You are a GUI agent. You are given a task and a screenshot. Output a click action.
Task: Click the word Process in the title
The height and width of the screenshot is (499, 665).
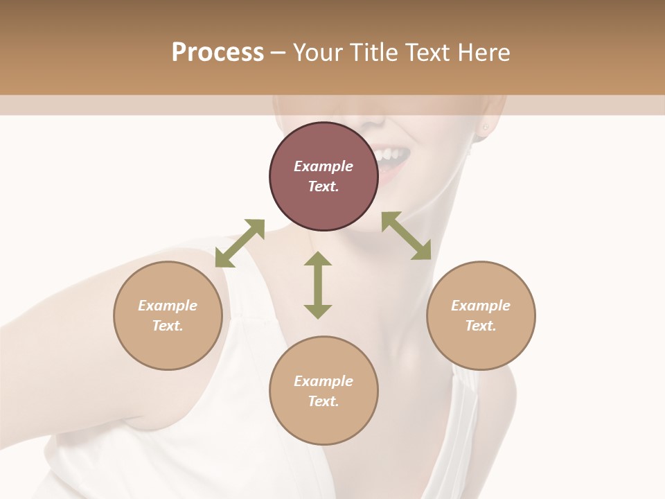[x=218, y=53]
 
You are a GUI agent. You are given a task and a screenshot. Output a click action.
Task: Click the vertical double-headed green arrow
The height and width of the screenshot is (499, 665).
[x=318, y=285]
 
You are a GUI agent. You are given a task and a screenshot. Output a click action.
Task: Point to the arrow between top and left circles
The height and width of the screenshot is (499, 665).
[x=240, y=243]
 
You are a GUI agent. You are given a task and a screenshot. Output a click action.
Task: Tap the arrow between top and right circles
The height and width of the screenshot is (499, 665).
[x=407, y=236]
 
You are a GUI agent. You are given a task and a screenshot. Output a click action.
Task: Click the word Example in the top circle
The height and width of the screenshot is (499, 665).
[x=323, y=166]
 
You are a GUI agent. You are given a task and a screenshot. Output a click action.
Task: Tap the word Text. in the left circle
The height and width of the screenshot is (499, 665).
[x=168, y=326]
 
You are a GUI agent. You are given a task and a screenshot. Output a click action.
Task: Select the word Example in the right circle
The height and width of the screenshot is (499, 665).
[x=481, y=306]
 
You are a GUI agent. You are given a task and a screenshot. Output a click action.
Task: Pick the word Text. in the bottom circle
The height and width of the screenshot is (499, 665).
[x=323, y=401]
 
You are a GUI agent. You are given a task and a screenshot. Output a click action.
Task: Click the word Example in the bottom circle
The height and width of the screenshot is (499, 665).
[x=323, y=381]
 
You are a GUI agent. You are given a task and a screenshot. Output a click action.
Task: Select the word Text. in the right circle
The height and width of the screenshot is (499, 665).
[x=481, y=326]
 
